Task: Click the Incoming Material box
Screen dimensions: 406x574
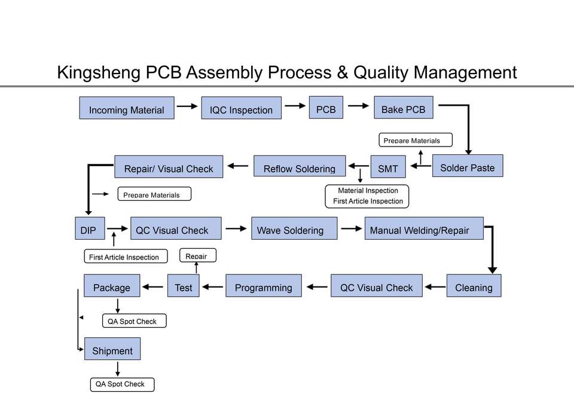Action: (127, 108)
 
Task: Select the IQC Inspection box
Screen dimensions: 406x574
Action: (241, 108)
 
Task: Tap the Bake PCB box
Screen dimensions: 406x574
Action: (403, 108)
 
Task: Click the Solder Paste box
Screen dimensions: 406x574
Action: (467, 166)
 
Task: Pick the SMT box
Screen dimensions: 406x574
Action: (387, 167)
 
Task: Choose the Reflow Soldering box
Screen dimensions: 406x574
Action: (299, 167)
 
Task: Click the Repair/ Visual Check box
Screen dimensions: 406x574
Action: (168, 167)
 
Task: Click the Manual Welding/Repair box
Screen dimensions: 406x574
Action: (423, 228)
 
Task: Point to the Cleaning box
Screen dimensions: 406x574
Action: (474, 286)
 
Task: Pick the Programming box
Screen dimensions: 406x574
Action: (263, 286)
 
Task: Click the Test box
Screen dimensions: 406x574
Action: (184, 286)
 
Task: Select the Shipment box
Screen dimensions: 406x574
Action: (112, 349)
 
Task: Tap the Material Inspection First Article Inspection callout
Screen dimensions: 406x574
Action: (368, 196)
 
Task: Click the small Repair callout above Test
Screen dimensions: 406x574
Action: (197, 255)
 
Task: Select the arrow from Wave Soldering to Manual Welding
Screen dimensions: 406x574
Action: (351, 228)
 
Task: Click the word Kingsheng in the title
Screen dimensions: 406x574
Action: (99, 72)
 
